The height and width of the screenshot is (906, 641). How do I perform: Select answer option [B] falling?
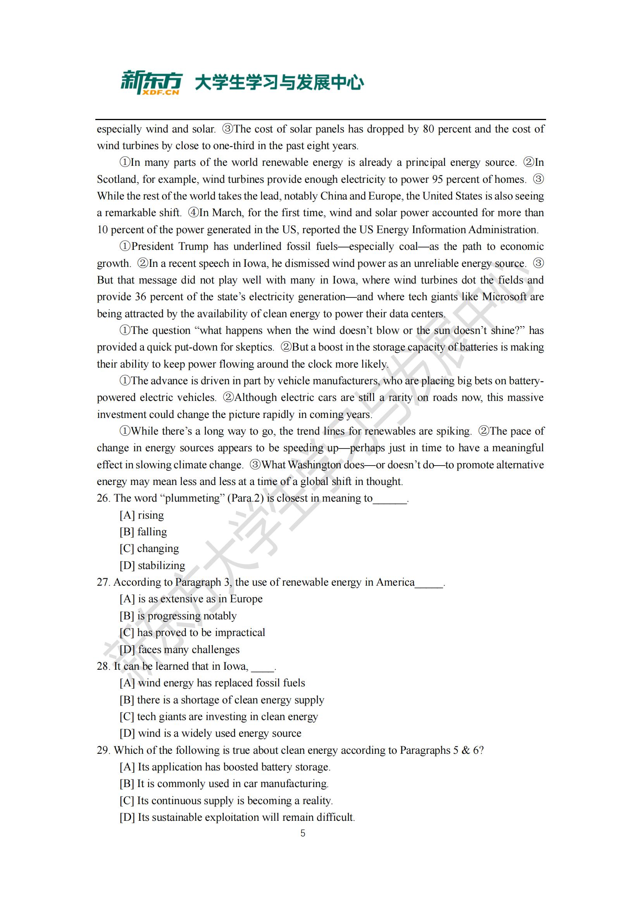pos(143,531)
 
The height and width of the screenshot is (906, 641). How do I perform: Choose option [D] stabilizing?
pos(152,565)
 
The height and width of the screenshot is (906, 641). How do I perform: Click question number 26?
pos(103,498)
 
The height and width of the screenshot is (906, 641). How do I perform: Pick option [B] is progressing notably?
pos(178,615)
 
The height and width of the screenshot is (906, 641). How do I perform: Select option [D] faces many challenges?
pos(179,649)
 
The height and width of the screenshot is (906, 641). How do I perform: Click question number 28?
pos(103,666)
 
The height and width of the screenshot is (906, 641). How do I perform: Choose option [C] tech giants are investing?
pos(219,716)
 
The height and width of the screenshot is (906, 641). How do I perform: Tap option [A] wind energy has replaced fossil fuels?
pos(212,683)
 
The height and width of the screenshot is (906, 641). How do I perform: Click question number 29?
pos(103,750)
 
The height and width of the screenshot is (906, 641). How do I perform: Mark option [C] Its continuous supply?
pos(226,800)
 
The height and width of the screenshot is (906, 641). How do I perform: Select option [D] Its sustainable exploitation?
pos(237,817)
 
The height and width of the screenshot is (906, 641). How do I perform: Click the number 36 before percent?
pos(141,297)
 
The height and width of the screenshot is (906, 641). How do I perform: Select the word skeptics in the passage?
pos(253,347)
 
